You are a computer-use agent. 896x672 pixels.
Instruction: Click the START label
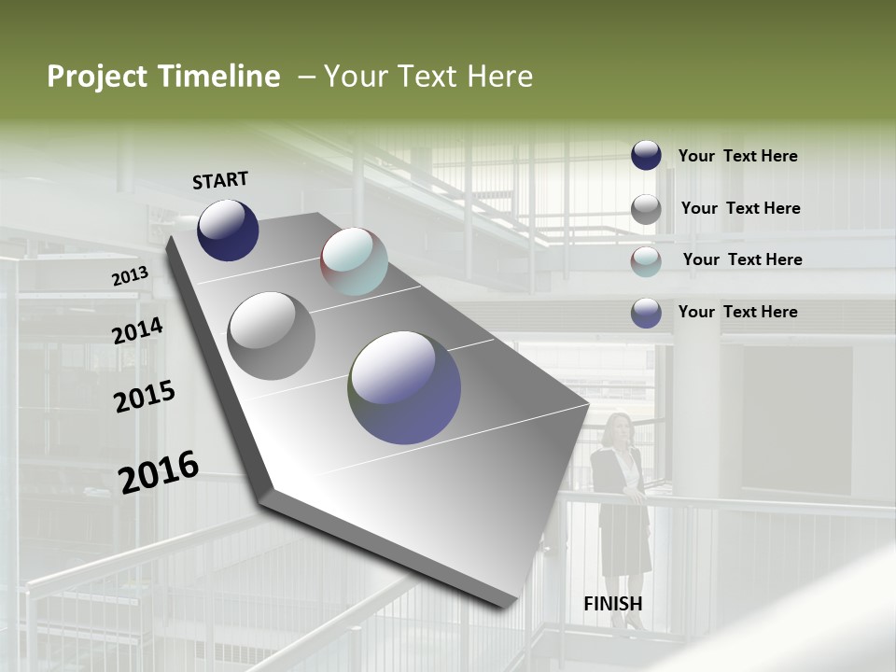[x=220, y=180]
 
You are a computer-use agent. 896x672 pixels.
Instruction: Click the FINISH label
[x=612, y=603]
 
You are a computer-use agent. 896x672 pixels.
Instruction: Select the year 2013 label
[x=130, y=276]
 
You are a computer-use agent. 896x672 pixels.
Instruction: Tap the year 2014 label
[x=137, y=330]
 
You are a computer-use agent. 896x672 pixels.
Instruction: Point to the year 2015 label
[x=144, y=397]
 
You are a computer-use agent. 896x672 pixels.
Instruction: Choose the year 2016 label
[x=158, y=471]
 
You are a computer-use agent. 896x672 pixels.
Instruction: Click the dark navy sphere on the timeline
[x=228, y=230]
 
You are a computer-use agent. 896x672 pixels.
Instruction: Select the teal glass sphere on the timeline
[x=354, y=261]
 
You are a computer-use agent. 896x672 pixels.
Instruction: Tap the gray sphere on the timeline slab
[x=271, y=336]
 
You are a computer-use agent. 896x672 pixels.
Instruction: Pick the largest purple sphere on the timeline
[x=404, y=387]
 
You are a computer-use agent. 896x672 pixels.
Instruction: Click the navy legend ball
[x=646, y=156]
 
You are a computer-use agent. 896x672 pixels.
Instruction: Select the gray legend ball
[x=646, y=209]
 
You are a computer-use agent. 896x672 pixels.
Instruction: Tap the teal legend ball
[x=646, y=261]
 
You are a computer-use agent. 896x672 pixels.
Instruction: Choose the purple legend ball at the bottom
[x=646, y=313]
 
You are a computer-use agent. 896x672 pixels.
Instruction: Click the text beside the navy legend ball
[x=737, y=156]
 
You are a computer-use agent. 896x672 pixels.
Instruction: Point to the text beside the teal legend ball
[x=742, y=259]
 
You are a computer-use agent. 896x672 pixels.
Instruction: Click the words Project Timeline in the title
[x=163, y=77]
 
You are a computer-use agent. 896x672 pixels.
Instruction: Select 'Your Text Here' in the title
[x=428, y=77]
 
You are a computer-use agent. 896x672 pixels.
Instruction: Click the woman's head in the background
[x=618, y=428]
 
